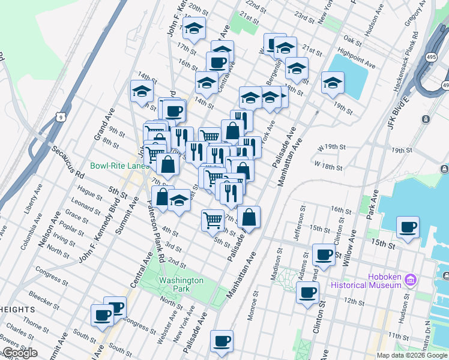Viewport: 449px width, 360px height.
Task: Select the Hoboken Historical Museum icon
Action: click(411, 280)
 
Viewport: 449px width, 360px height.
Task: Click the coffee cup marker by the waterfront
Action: click(408, 227)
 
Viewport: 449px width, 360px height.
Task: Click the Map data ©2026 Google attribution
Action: click(412, 355)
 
